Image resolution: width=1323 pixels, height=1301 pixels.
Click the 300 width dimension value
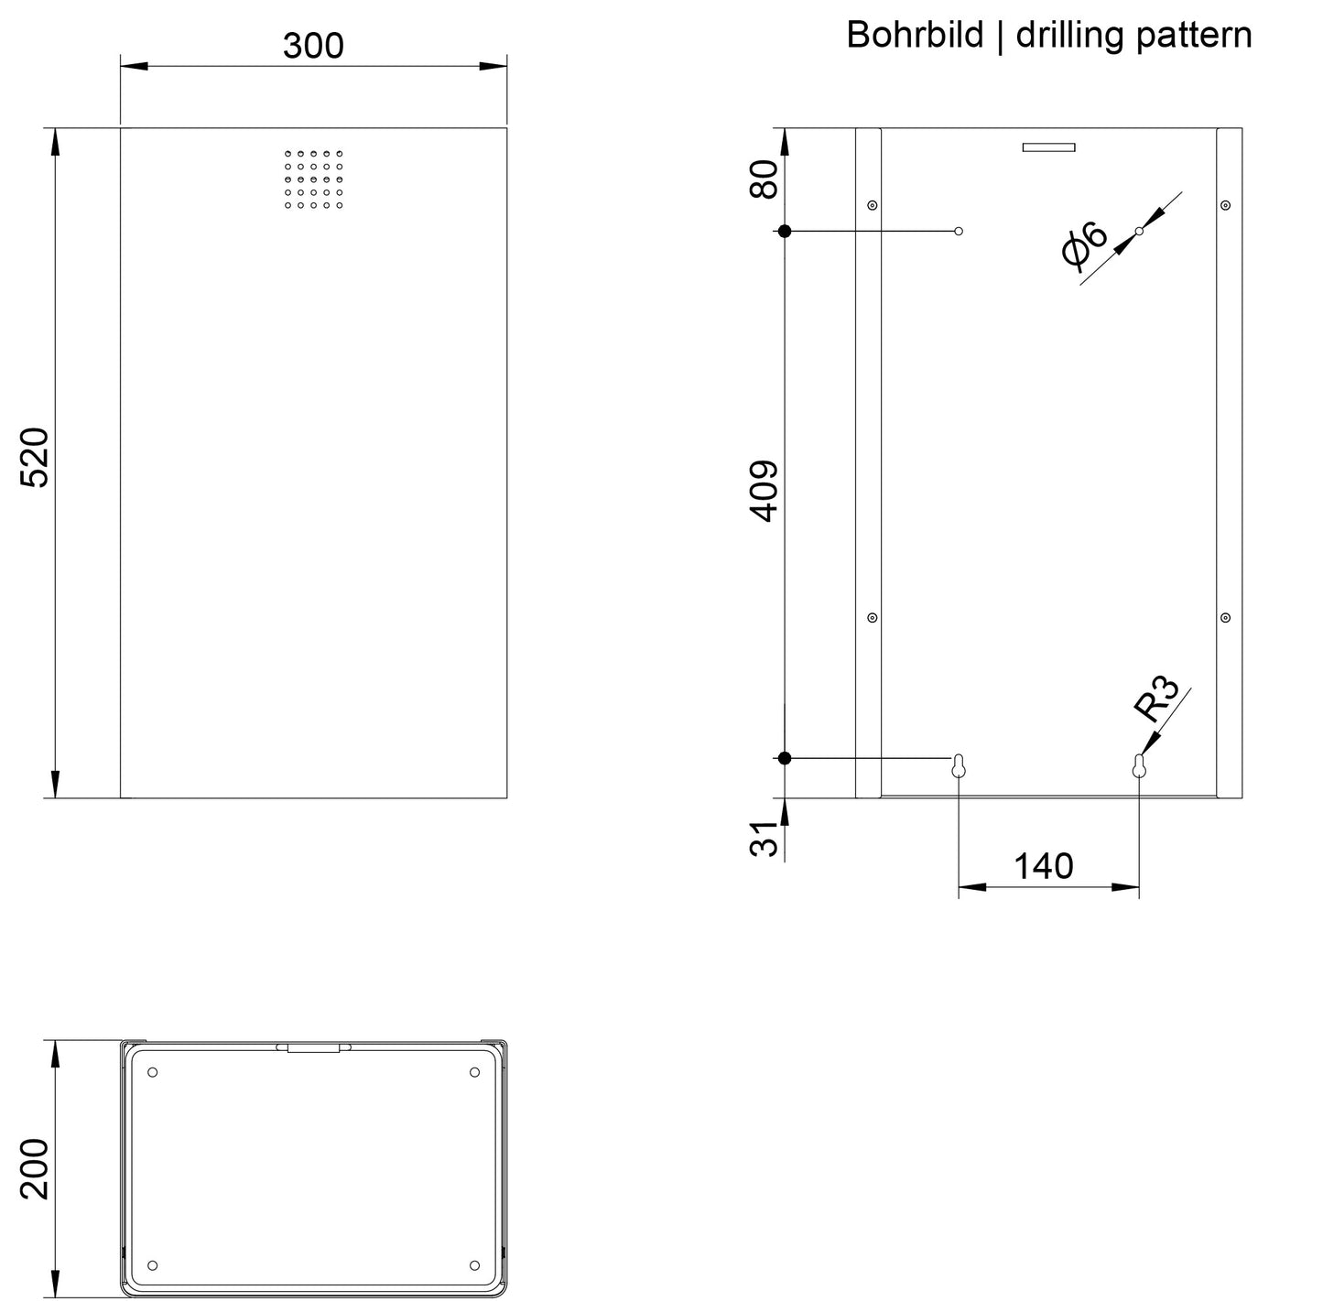(313, 46)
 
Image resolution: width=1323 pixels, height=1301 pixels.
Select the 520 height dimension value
(34, 458)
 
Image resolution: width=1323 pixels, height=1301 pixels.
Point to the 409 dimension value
(764, 491)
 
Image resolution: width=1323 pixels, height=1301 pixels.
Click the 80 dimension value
(764, 179)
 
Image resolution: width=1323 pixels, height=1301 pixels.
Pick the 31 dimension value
(764, 839)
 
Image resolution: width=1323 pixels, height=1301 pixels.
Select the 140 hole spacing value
(1044, 866)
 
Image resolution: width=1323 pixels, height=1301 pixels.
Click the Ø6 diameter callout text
(1084, 244)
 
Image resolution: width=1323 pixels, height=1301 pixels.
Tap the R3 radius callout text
(1155, 699)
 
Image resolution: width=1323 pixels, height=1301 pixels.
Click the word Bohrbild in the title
(915, 34)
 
